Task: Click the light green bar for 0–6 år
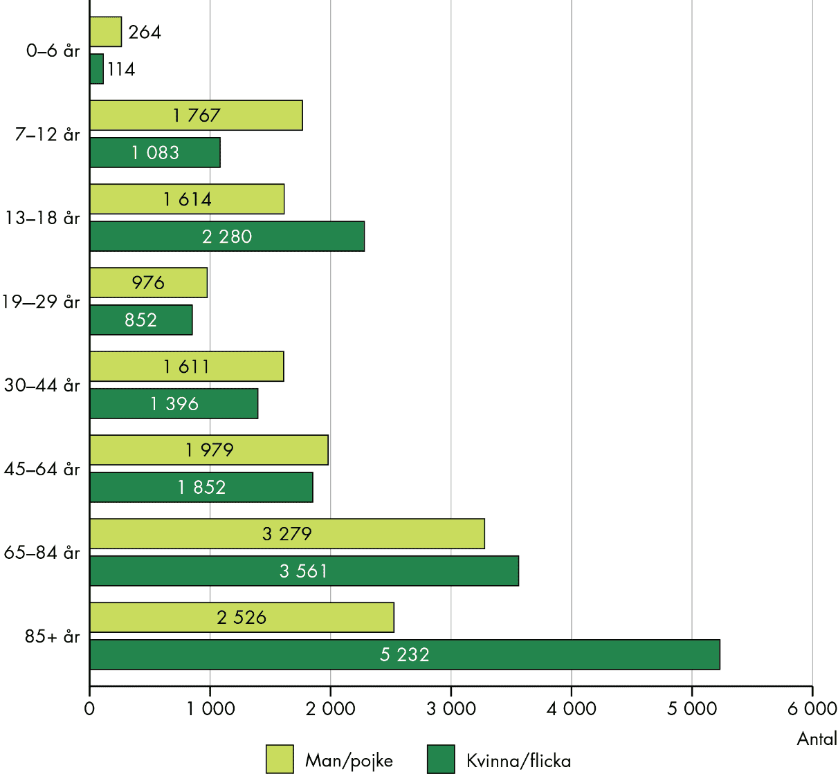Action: click(x=106, y=32)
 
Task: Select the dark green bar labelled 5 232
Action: click(x=405, y=654)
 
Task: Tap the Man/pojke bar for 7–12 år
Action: click(x=196, y=116)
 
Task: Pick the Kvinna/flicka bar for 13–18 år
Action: click(x=227, y=237)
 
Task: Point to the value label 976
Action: click(x=148, y=283)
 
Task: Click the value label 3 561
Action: click(x=303, y=571)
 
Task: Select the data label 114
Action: click(x=121, y=69)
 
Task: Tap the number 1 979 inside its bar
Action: click(x=210, y=450)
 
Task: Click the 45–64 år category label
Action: click(x=42, y=469)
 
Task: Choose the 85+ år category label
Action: click(x=53, y=636)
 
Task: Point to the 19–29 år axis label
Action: click(x=41, y=302)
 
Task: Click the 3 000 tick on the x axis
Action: click(x=450, y=709)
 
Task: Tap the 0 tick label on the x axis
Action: click(x=89, y=709)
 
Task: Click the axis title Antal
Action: click(x=817, y=739)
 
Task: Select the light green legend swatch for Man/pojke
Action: click(x=280, y=759)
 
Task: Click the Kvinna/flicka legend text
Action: click(x=518, y=761)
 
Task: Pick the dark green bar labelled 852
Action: click(x=140, y=320)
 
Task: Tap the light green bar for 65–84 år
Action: click(x=286, y=534)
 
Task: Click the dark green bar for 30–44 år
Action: click(x=174, y=404)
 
